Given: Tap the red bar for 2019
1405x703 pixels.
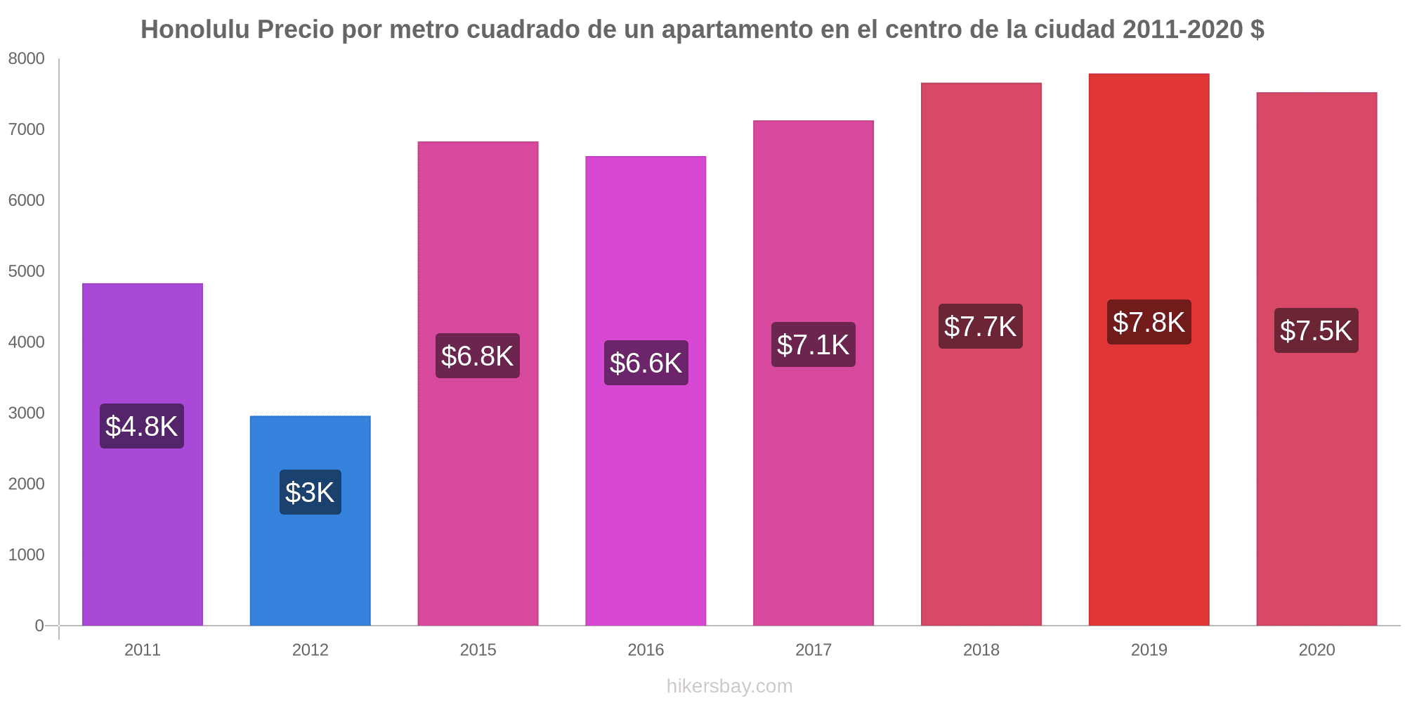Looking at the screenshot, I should pos(1149,457).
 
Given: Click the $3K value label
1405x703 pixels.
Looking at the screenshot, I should pos(310,492).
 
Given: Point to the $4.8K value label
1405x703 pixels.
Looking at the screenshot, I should pos(142,426).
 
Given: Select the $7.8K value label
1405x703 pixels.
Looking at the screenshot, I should pos(1149,322).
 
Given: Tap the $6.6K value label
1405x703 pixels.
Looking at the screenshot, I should pos(646,363).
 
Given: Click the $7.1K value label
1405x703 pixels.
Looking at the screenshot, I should pos(813,344).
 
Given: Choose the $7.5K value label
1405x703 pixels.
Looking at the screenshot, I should pos(1316,330).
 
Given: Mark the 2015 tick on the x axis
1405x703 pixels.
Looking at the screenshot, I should pos(478,650).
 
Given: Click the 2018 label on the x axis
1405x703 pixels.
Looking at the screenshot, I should pos(981,650).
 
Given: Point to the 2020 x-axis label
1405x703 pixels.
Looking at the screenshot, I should pos(1316,650).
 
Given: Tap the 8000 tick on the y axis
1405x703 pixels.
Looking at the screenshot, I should pos(27,59).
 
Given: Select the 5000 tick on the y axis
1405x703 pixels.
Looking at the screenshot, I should pos(27,271).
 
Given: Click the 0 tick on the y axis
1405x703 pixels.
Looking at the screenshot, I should pos(39,626).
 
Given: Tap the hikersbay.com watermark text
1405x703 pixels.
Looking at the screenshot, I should pos(729,686).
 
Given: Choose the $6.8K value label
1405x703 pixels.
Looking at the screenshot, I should pos(477,356).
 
